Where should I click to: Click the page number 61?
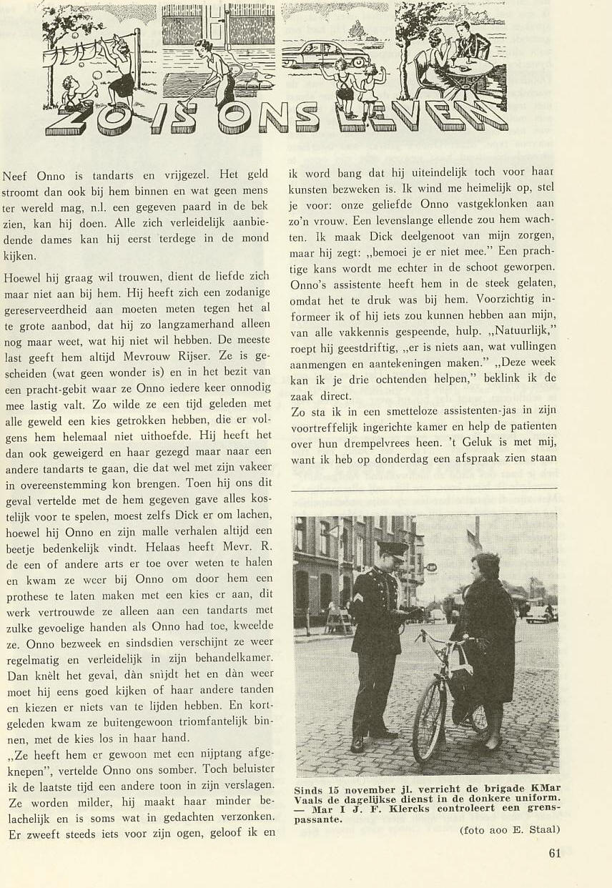click(x=556, y=852)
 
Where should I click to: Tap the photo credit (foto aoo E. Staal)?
click(x=508, y=829)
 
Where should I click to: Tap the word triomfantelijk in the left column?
click(x=202, y=723)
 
